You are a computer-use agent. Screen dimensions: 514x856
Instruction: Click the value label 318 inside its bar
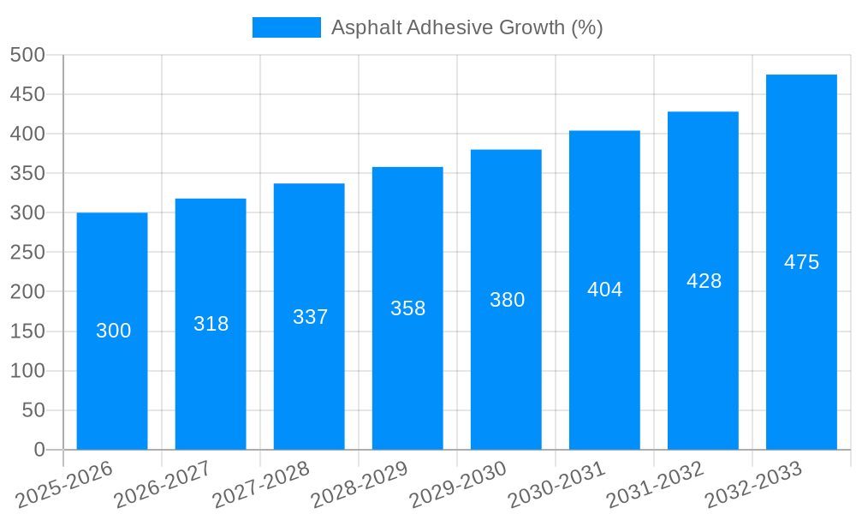[x=211, y=324]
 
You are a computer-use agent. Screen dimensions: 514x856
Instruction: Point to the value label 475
[x=801, y=262]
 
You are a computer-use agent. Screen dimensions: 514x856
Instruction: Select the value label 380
[x=507, y=300]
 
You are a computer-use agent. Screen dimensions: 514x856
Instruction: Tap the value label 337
[x=310, y=317]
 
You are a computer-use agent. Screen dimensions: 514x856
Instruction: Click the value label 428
[x=704, y=281]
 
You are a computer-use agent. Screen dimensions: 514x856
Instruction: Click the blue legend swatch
[x=286, y=27]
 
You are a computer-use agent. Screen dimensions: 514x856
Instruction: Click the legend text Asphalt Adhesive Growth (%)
[x=467, y=27]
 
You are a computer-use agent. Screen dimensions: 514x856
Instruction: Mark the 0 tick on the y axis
[x=39, y=450]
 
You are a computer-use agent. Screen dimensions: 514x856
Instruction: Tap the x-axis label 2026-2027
[x=162, y=484]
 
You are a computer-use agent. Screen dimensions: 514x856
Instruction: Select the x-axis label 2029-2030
[x=457, y=484]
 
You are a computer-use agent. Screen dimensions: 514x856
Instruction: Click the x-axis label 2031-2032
[x=654, y=484]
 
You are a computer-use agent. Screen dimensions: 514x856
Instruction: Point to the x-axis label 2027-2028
[x=260, y=484]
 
